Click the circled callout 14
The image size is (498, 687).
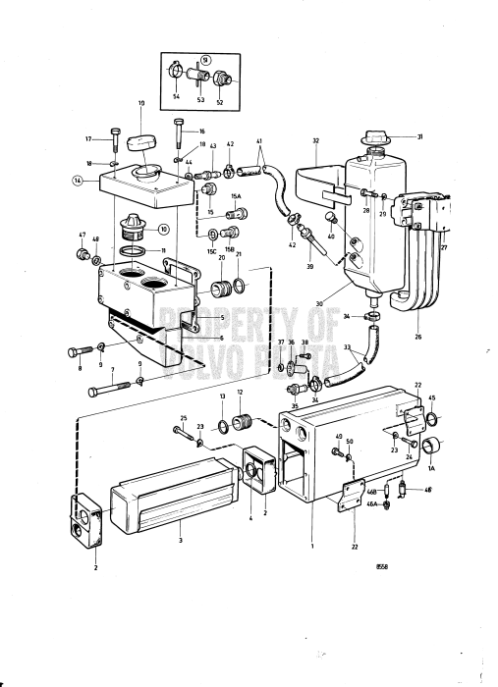coord(77,181)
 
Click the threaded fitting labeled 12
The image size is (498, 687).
coord(247,425)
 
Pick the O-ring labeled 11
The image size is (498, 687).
coord(143,252)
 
